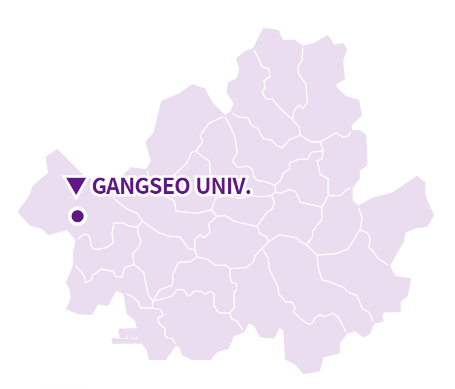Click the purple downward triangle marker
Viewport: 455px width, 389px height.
coord(76,185)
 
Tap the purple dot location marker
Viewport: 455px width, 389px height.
coord(77,216)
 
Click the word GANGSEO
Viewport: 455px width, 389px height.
coord(141,186)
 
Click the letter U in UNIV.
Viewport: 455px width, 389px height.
coord(202,186)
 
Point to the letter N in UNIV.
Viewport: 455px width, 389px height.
coord(216,186)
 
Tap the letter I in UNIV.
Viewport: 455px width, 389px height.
coord(227,186)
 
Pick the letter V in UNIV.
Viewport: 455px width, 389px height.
coord(237,186)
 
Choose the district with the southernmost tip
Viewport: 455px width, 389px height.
coord(311,344)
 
